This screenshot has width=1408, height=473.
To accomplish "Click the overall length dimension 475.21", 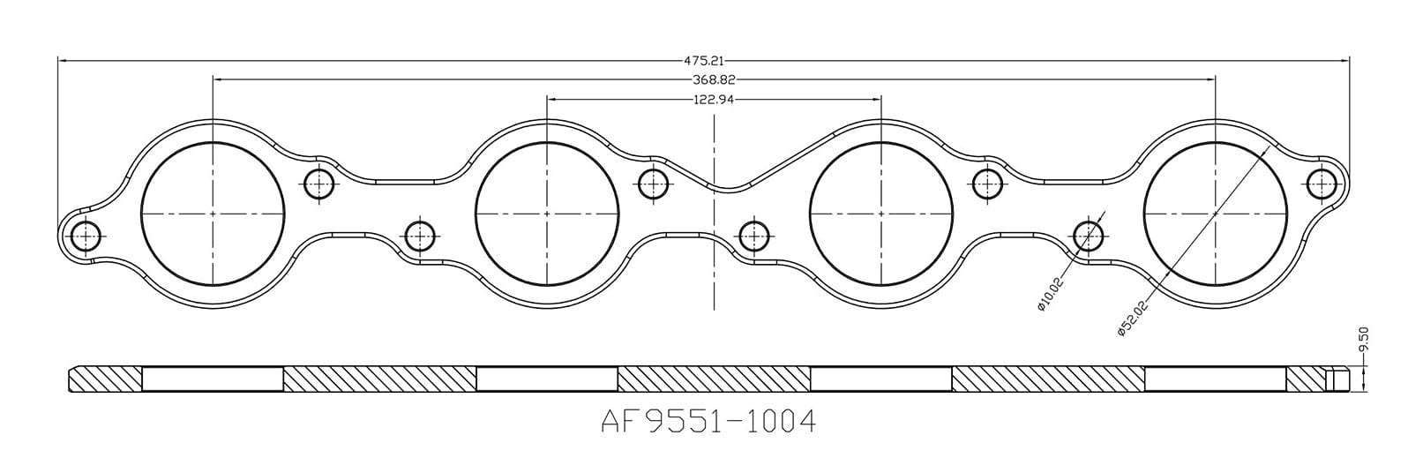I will point(703,61).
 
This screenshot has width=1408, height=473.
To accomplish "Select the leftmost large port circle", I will point(213,214).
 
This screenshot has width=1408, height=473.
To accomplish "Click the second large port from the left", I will point(547,214).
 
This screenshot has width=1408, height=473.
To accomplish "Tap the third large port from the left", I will point(881,214).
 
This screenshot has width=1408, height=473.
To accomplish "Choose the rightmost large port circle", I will point(1215,214).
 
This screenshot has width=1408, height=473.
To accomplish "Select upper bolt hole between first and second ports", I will point(318,184).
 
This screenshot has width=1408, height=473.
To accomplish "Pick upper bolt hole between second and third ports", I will point(652,184).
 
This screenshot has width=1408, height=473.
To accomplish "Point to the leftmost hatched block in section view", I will point(105,379).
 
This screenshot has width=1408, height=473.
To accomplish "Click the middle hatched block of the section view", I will point(714,379).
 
